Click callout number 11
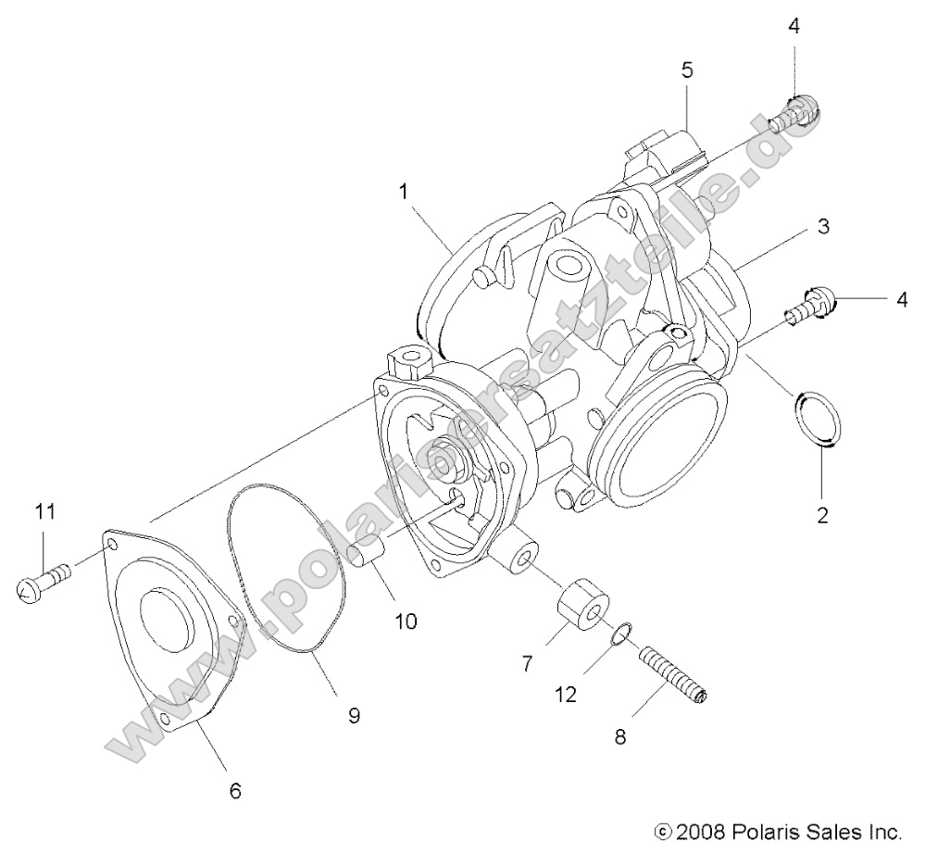point(45,510)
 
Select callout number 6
point(234,790)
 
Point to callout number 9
point(355,714)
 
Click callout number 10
point(405,621)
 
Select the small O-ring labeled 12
point(622,634)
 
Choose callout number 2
point(821,515)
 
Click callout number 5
point(686,69)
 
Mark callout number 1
point(403,191)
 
